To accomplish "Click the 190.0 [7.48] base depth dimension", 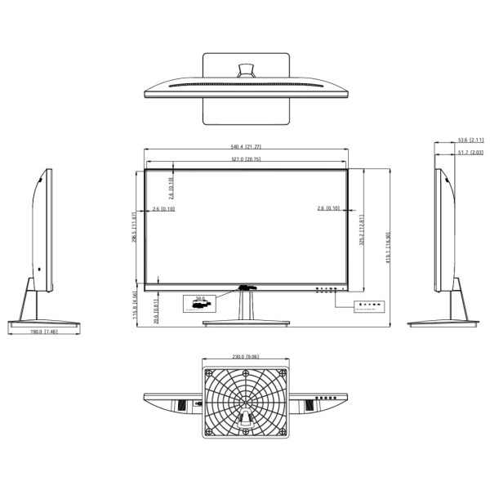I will [x=43, y=332].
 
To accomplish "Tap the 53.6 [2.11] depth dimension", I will [x=469, y=140].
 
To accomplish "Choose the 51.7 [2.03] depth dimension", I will [x=469, y=153].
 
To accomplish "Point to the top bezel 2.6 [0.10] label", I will [x=171, y=188].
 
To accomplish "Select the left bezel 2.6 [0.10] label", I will [x=163, y=209].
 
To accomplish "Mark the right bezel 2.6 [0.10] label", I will [x=328, y=209].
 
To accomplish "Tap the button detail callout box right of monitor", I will [x=364, y=306].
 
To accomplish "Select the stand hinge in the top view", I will [x=245, y=71].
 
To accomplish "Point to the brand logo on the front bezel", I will [x=245, y=286].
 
